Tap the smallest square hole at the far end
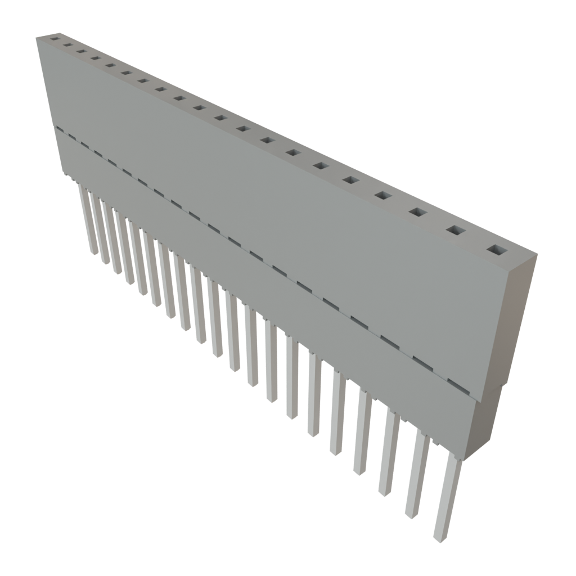point(55,39)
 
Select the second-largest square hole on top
point(456,231)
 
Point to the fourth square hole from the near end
point(382,195)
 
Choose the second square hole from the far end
point(68,45)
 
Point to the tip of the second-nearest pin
point(410,512)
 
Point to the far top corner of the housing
point(37,37)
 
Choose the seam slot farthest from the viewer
point(58,129)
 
